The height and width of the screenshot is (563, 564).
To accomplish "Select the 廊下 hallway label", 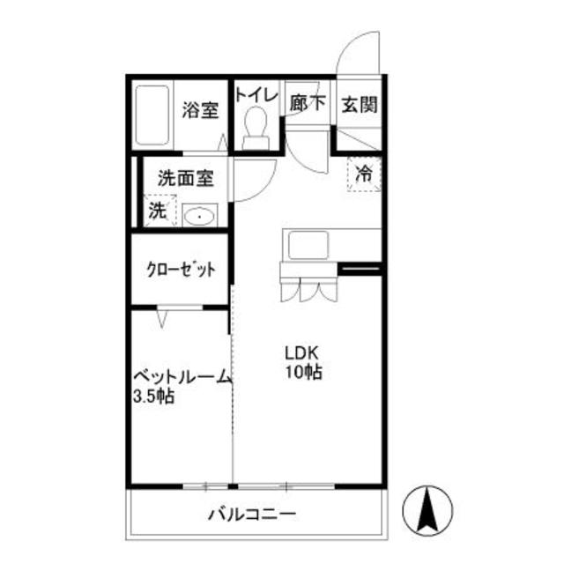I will tap(307, 103).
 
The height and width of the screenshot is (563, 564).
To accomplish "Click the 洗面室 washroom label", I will tap(186, 177).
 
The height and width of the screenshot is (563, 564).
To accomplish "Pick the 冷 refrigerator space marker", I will tap(363, 174).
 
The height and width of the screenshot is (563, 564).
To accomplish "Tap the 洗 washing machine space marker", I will tap(157, 211).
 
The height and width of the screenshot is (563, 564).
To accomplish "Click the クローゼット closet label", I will tap(181, 270).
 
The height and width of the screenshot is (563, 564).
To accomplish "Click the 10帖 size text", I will tap(302, 372).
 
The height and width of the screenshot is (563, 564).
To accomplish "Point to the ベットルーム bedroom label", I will tap(182, 377).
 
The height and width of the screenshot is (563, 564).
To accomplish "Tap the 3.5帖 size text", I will tap(153, 396).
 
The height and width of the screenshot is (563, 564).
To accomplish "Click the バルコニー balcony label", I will tap(252, 515).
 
